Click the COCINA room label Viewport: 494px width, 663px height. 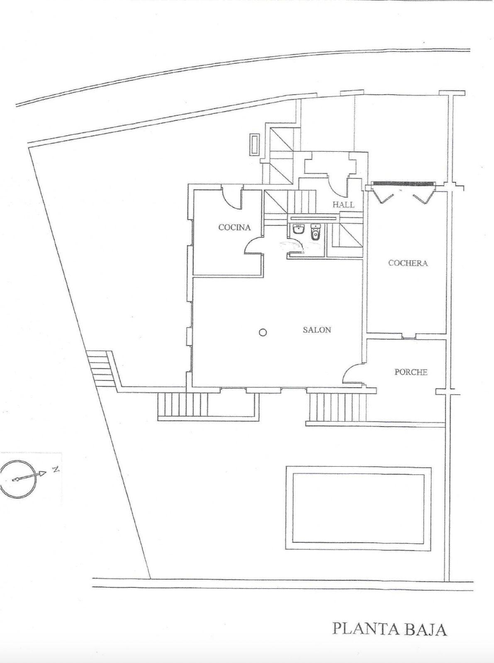(x=235, y=227)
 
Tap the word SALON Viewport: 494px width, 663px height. (x=317, y=330)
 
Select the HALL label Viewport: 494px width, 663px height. (x=343, y=204)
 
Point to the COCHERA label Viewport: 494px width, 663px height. (x=408, y=263)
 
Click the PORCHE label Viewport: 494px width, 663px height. (x=411, y=372)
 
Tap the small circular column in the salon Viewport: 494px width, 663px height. (x=263, y=332)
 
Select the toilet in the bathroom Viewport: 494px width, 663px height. (x=315, y=232)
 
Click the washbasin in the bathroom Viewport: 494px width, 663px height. (x=298, y=229)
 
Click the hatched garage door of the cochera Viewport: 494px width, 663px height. (x=402, y=183)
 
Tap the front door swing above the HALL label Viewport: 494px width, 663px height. (x=338, y=187)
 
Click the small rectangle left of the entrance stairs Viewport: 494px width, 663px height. (x=254, y=144)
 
